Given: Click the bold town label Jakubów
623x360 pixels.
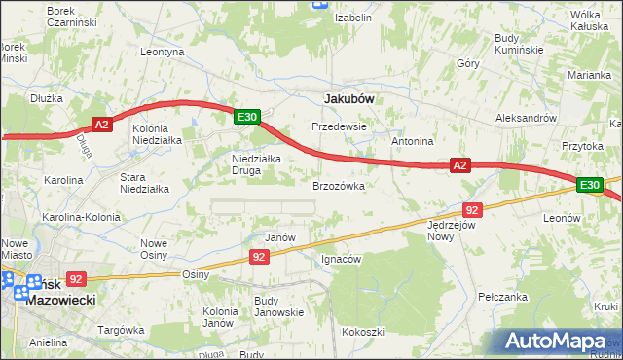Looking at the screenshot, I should point(348,98).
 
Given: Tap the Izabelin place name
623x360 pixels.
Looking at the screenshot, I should point(353,18).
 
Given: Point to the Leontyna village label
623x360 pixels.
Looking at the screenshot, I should point(163,52).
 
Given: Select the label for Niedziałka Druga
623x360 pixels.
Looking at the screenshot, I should point(256,164).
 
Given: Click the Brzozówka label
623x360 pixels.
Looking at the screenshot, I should point(338,185).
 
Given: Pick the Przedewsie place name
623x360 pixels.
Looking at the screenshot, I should point(338,126).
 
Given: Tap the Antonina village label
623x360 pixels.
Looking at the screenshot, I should point(412,141).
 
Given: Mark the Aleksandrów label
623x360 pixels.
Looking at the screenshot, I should point(525,117).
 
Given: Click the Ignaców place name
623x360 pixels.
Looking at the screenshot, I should point(342,259).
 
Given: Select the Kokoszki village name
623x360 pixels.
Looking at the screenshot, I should point(362,332).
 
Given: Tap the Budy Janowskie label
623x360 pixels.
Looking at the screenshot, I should point(278,306).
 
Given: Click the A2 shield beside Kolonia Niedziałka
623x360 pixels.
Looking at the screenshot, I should point(104,124).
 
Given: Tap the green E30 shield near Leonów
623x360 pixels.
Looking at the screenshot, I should point(590,185).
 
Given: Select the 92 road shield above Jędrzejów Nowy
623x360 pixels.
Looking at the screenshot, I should point(473,209).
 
